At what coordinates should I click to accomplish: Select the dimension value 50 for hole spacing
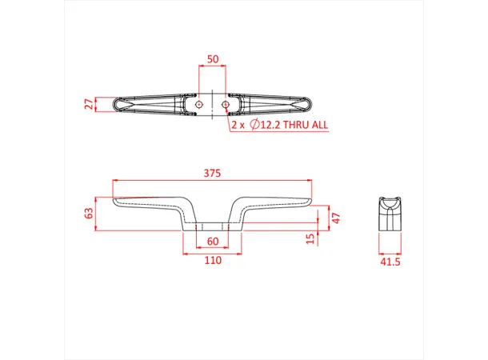(x=212, y=59)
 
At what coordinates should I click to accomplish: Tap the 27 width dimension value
(x=89, y=104)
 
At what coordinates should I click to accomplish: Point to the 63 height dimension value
(x=89, y=214)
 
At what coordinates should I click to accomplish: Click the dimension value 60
(x=212, y=242)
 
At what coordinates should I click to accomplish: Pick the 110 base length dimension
(x=212, y=262)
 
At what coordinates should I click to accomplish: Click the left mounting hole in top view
(x=198, y=104)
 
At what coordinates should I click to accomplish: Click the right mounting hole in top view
(x=226, y=104)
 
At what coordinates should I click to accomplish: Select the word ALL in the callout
(x=318, y=126)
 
